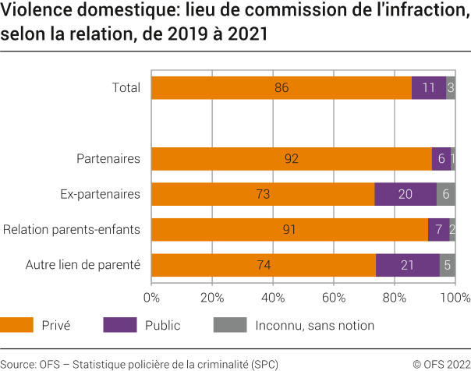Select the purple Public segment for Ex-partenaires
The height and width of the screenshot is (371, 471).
coord(405,194)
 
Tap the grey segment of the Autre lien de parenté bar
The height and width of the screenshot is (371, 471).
coord(447,265)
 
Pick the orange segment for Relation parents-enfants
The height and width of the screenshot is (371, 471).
coord(289,230)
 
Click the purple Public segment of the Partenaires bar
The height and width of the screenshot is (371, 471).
coord(441,159)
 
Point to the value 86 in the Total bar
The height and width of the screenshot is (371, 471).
coord(282,88)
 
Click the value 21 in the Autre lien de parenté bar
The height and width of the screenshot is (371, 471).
coord(406,265)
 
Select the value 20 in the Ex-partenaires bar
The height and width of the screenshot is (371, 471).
coord(405,194)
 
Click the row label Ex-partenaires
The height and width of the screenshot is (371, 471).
coord(100,194)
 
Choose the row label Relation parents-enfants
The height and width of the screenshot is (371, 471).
coord(72,230)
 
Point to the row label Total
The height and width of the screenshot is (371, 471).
coord(126,88)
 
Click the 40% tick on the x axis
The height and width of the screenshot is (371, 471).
coord(273,297)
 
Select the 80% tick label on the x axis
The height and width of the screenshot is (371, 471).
coord(395,297)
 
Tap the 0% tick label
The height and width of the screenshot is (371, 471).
coord(152,297)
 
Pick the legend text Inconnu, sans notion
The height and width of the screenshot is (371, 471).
coord(315,325)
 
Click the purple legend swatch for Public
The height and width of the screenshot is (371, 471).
coord(119,325)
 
